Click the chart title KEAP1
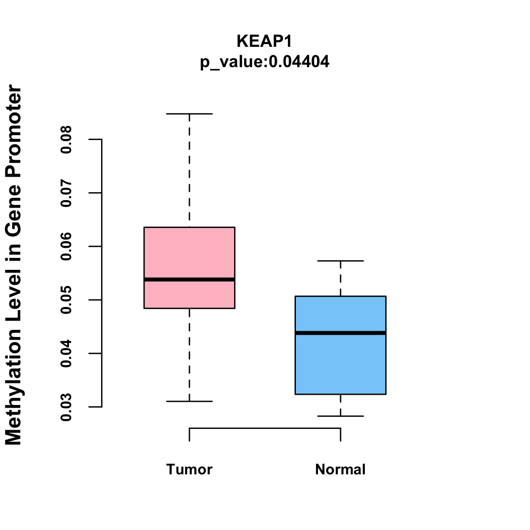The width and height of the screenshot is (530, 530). [x=265, y=41]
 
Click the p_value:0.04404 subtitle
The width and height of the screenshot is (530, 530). [x=265, y=62]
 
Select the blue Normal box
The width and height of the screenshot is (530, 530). [x=341, y=362]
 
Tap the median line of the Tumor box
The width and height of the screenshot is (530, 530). [x=189, y=280]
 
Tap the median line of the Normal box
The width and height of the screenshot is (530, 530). [x=341, y=333]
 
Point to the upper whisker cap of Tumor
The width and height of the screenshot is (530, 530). [x=189, y=114]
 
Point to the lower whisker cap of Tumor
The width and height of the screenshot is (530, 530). [x=189, y=401]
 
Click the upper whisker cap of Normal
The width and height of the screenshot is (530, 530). [x=341, y=261]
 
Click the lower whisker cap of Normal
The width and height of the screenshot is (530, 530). [x=341, y=416]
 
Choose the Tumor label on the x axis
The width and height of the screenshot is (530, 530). [x=189, y=469]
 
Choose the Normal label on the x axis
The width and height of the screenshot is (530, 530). [x=341, y=469]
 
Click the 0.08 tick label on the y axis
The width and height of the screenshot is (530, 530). [x=66, y=140]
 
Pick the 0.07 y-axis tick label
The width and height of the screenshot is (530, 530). [x=66, y=193]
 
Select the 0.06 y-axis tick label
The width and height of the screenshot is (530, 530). [x=66, y=246]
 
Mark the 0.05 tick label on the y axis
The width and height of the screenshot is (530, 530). [x=66, y=300]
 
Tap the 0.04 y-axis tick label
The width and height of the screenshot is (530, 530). [x=66, y=353]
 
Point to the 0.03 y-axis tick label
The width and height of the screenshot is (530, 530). [x=66, y=407]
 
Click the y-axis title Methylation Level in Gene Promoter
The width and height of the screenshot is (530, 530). [x=14, y=265]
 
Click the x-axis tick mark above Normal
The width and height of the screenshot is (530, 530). [x=341, y=435]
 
